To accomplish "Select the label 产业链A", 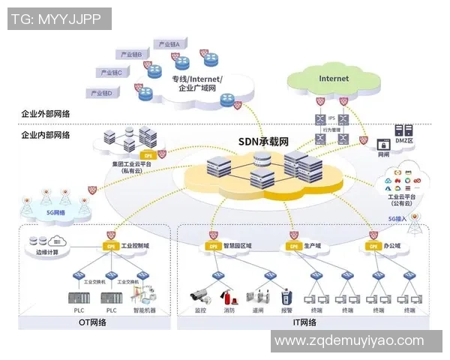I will click(x=169, y=44).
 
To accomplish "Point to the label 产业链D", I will click(x=100, y=93).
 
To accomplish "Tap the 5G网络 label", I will click(x=55, y=212).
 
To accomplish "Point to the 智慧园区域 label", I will click(x=238, y=246).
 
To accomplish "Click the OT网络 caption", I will click(x=92, y=322).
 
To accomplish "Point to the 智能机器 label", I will click(x=144, y=309).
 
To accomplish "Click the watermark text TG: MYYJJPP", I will click(x=57, y=18).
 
